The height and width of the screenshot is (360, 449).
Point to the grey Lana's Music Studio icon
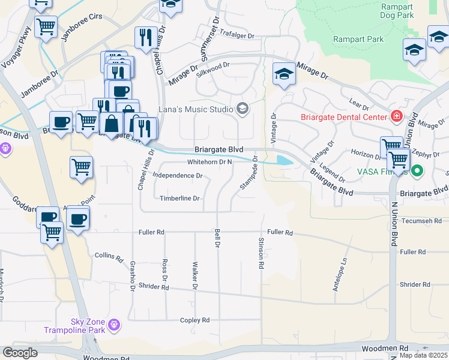coord(242,109)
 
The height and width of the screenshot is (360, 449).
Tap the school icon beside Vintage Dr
coord(285,75)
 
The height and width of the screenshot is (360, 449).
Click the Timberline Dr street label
coord(179,198)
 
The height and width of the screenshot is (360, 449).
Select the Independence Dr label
coord(178,176)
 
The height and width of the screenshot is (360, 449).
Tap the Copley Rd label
coord(195,320)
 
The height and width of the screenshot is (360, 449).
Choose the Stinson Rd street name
coord(261,256)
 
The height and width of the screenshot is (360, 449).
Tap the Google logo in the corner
coord(20,353)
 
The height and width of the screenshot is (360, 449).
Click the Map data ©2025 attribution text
coord(423,355)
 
